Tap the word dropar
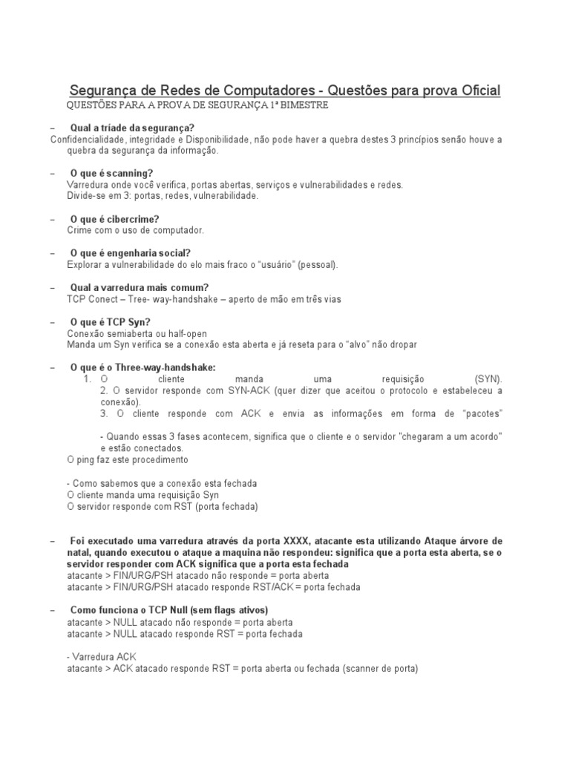point(402,344)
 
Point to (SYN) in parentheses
point(488,379)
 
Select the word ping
point(88,459)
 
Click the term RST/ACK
point(272,587)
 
